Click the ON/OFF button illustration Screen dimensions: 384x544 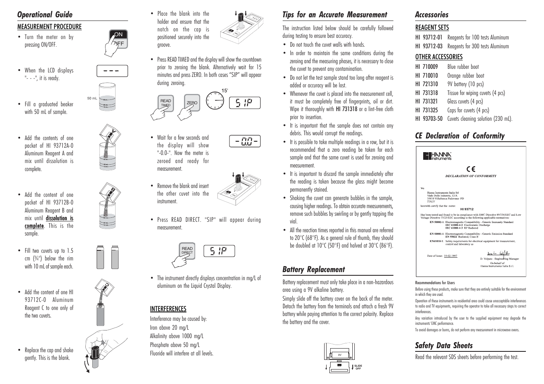coord(118,39)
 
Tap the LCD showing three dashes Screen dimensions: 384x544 coord(112,71)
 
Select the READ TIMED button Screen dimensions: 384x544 coord(166,103)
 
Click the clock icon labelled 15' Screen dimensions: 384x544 coord(215,100)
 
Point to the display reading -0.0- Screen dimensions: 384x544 coord(245,141)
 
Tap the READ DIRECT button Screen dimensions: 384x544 coord(187,250)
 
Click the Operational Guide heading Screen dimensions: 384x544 coord(45,15)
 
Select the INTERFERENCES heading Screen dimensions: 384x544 coord(168,309)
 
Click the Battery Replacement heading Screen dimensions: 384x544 coord(313,270)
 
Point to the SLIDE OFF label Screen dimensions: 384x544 coord(358,367)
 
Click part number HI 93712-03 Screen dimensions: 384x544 coord(429,46)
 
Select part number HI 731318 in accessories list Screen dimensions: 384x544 coord(426,93)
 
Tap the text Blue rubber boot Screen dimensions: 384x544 coord(463,67)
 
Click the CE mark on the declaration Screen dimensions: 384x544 coord(470,169)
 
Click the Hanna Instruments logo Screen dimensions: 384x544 coord(437,156)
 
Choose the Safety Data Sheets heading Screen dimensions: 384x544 coord(444,345)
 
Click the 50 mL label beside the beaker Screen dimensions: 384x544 coord(92,98)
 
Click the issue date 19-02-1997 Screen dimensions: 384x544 coord(451,256)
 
